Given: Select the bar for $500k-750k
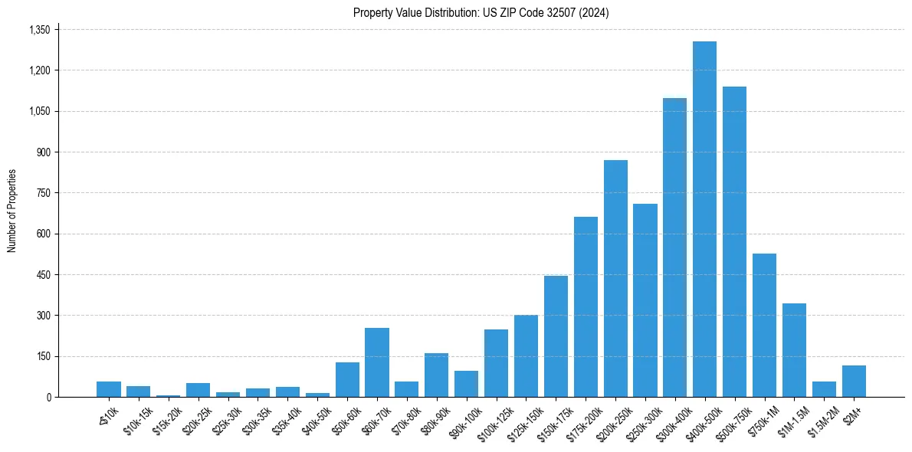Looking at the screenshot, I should (x=734, y=241).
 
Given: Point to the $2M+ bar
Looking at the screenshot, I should (x=854, y=381).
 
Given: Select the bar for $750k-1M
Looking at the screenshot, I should (x=764, y=325).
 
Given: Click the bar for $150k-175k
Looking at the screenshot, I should (x=556, y=336).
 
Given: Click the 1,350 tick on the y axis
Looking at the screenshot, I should (x=39, y=30).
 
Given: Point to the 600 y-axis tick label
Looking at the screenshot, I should (x=43, y=234).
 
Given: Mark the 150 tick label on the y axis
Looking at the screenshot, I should (x=43, y=356).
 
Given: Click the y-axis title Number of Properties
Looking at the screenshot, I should (x=12, y=211).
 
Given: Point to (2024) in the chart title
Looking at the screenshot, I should (x=594, y=13).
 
